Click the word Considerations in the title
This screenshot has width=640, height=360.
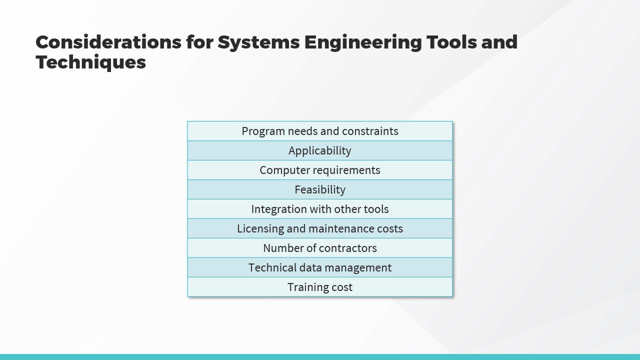[108, 42]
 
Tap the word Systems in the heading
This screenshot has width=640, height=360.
[259, 43]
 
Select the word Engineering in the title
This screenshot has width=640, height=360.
[363, 43]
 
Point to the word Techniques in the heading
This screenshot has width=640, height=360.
[91, 62]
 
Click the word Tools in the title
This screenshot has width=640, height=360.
[451, 42]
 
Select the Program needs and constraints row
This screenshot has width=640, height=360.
[320, 131]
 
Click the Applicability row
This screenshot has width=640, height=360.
[320, 150]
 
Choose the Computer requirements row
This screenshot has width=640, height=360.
[320, 170]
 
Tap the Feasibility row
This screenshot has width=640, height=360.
[320, 189]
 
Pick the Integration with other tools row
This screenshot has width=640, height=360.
[320, 209]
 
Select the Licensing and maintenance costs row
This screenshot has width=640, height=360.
[320, 228]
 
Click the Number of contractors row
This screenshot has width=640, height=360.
[320, 248]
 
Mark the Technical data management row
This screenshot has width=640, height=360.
[320, 267]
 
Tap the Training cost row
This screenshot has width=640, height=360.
[320, 287]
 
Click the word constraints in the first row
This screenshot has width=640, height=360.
[370, 131]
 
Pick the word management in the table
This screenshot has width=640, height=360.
[358, 268]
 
